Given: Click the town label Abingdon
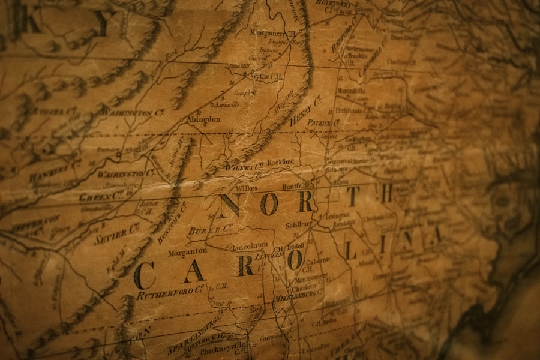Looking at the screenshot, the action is (x=204, y=119).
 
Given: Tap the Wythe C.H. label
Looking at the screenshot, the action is (x=266, y=76).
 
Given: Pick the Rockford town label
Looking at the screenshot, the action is (x=280, y=162).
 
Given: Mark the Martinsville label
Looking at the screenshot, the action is (x=351, y=91).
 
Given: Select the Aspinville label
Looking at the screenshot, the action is (x=227, y=104).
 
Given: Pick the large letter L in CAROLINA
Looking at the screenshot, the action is (x=349, y=249).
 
